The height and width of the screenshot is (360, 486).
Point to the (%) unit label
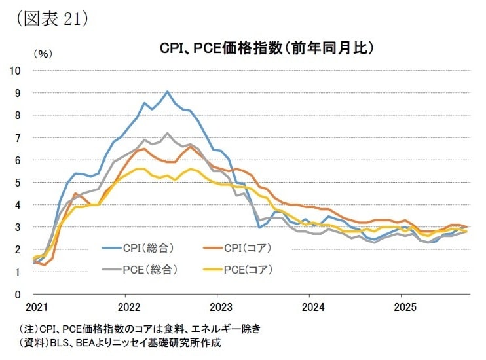click(41, 55)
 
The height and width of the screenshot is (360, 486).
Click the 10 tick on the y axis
click(16, 70)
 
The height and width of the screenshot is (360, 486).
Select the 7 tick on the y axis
click(18, 137)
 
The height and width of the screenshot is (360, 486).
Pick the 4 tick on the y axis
click(18, 205)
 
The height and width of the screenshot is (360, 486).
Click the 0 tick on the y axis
click(18, 295)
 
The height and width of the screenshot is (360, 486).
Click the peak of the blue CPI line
click(168, 92)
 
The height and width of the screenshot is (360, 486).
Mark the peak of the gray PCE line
click(168, 133)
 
